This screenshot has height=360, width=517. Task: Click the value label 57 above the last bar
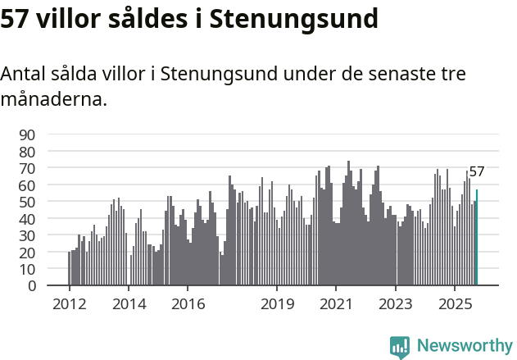tap(477, 172)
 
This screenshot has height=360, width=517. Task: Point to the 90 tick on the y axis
tap(27, 134)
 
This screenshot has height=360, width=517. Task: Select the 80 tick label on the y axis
tap(27, 152)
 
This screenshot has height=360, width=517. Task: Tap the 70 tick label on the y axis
tap(27, 168)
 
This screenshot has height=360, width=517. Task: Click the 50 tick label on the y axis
tap(27, 202)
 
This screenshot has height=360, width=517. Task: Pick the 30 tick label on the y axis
tap(27, 235)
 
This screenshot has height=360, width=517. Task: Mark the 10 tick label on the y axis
tap(27, 269)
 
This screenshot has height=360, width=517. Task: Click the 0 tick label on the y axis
tap(32, 285)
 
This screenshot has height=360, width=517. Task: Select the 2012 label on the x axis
tap(69, 304)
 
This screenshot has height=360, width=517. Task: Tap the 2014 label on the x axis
tap(129, 304)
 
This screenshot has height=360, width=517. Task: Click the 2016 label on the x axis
tap(188, 304)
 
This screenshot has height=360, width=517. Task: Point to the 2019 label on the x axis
tap(277, 304)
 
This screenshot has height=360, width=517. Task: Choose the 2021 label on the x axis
tap(336, 304)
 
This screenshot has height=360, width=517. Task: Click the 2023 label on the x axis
tap(396, 304)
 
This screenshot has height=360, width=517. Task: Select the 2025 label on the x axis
tap(455, 304)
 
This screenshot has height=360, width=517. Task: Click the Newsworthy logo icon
tap(400, 347)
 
